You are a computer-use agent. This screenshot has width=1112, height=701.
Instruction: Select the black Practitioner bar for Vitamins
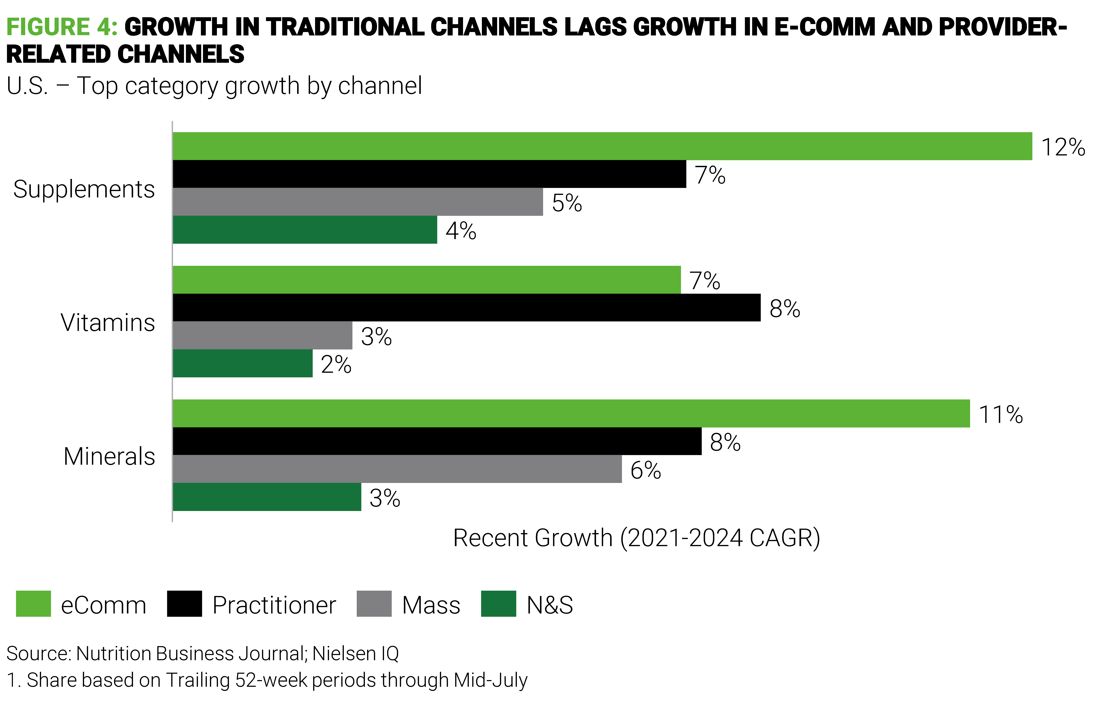pyautogui.click(x=466, y=307)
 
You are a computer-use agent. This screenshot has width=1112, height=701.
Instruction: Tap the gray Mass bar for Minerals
pyautogui.click(x=397, y=469)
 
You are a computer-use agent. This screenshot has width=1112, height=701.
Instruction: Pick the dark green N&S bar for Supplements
pyautogui.click(x=305, y=229)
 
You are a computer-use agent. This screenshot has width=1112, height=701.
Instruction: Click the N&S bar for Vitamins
pyautogui.click(x=242, y=363)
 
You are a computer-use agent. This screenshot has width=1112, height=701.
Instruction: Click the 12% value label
pyautogui.click(x=1063, y=147)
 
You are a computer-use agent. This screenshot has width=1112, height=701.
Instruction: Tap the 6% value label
pyautogui.click(x=646, y=470)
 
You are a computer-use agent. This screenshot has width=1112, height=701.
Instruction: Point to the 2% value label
pyautogui.click(x=336, y=365)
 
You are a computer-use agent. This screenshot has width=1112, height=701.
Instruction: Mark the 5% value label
pyautogui.click(x=567, y=203)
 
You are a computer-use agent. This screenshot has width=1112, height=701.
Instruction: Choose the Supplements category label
pyautogui.click(x=84, y=189)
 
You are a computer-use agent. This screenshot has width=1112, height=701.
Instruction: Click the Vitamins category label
pyautogui.click(x=108, y=323)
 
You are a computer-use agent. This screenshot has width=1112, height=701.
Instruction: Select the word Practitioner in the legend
pyautogui.click(x=274, y=605)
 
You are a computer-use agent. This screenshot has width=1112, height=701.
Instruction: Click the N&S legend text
pyautogui.click(x=549, y=605)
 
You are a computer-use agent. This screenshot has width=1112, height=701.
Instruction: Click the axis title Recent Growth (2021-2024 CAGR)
pyautogui.click(x=636, y=538)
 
